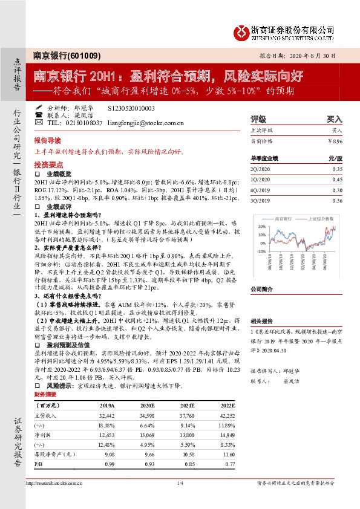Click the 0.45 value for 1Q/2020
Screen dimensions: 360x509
click(337, 180)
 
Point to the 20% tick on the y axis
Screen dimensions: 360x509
click(261, 225)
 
